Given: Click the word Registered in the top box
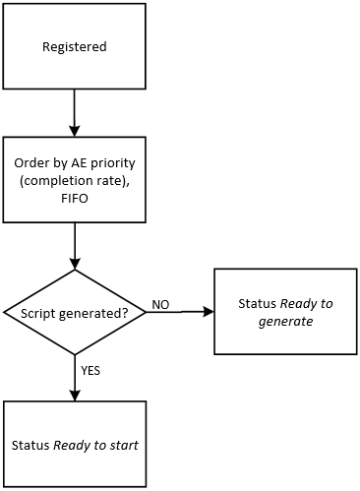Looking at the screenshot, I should [x=75, y=46].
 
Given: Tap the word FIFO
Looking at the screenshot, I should [x=75, y=196].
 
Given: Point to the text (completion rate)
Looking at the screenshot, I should [x=75, y=179].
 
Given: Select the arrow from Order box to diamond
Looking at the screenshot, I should [x=75, y=245].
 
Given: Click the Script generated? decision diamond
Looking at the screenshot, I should [x=75, y=312].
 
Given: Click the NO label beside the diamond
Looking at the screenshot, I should [x=161, y=305].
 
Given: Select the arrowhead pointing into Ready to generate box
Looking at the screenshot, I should [x=208, y=312].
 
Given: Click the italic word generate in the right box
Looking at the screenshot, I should [x=285, y=321].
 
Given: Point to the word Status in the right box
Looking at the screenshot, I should [x=257, y=304].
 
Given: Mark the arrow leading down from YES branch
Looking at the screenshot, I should [x=75, y=378].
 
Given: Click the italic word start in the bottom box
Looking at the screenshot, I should [x=121, y=445].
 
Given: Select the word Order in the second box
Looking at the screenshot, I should [x=32, y=162].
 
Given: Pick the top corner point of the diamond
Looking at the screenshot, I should [x=75, y=270].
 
